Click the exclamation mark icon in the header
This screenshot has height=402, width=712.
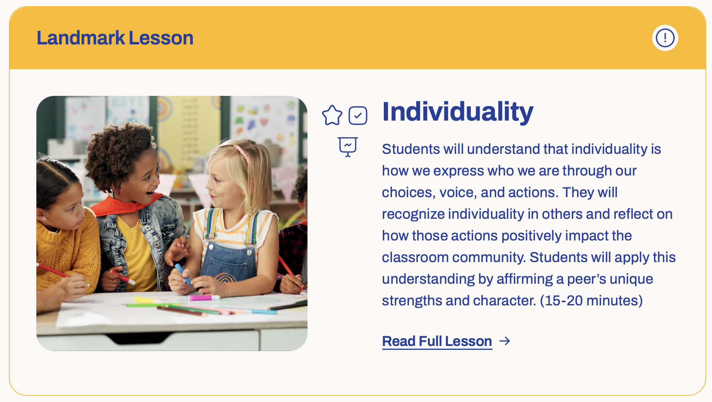click(x=665, y=38)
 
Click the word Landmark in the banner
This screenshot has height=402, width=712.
click(x=81, y=38)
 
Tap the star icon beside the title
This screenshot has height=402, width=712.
click(x=332, y=115)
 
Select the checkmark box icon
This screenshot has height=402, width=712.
click(x=358, y=116)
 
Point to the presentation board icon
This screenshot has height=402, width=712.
click(x=348, y=147)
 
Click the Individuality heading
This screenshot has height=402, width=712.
click(x=458, y=112)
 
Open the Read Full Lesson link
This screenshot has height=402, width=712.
click(x=437, y=341)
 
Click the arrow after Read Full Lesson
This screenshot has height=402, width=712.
click(x=504, y=341)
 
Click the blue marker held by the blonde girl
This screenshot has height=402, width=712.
click(x=182, y=274)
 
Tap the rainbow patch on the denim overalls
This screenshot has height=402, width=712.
click(x=226, y=277)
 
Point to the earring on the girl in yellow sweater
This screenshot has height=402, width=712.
click(x=44, y=219)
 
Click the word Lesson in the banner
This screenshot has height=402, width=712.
click(x=161, y=38)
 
